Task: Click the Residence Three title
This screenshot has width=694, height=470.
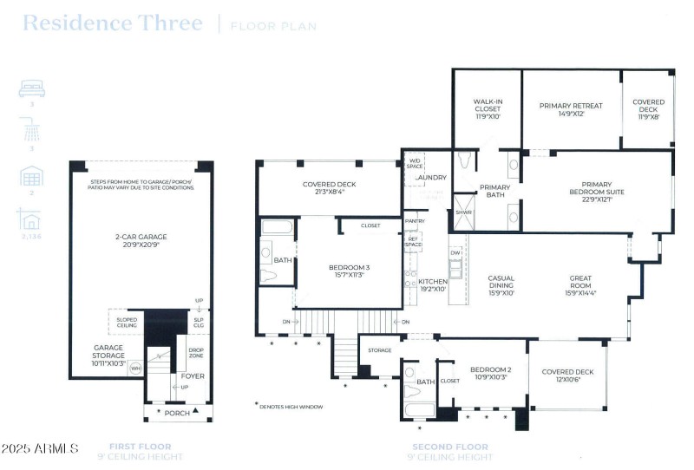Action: pos(112,23)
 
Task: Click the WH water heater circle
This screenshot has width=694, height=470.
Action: pos(135,369)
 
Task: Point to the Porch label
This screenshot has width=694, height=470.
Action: pos(178,413)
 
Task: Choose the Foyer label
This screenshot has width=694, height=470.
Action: pos(192,376)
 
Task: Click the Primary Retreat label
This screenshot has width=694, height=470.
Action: pos(570,107)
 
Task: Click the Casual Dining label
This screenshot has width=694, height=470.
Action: pos(501,283)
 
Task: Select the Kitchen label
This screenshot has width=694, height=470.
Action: pos(432,283)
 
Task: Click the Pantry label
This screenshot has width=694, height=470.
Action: pos(415,222)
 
